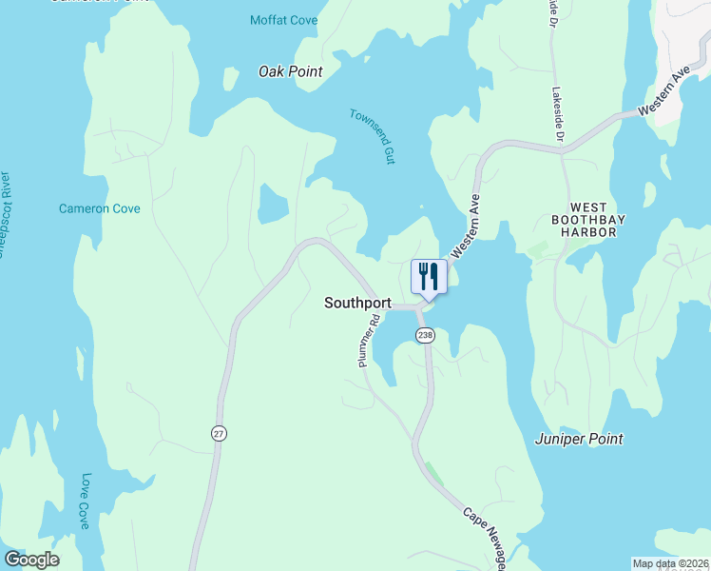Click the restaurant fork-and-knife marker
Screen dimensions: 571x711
(x=428, y=277)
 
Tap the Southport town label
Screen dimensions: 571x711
(x=357, y=303)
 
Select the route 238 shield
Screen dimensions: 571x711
(x=425, y=335)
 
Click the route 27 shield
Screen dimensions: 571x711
(x=219, y=433)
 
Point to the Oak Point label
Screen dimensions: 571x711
(x=291, y=71)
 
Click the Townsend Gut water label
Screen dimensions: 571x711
(x=372, y=136)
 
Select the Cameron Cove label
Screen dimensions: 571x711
(x=100, y=208)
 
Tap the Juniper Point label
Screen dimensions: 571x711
(x=579, y=439)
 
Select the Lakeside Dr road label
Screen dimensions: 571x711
(x=558, y=118)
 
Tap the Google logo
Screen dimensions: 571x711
(x=31, y=560)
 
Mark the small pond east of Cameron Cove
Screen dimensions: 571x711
(x=273, y=202)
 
